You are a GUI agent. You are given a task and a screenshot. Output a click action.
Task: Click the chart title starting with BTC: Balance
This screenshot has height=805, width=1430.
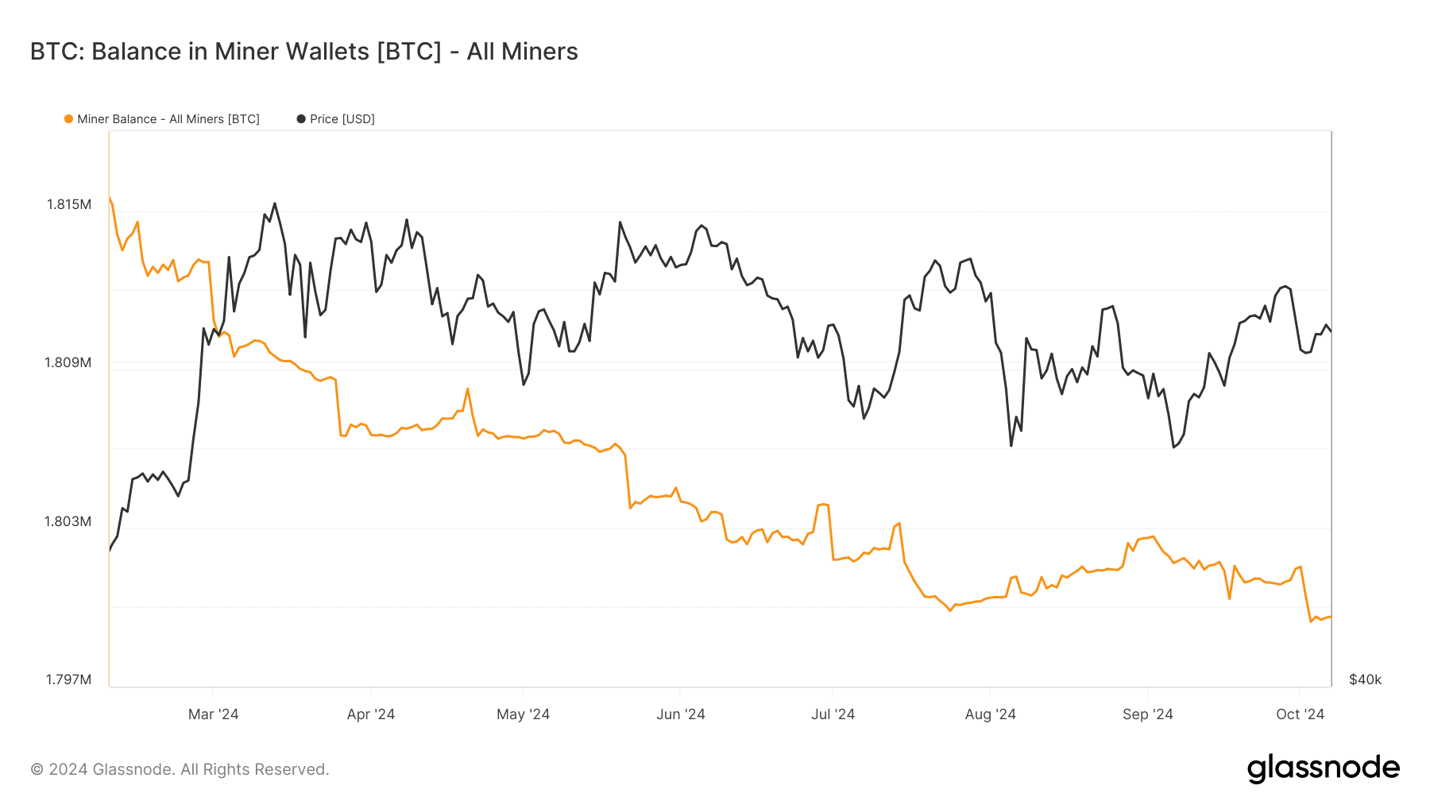click(303, 52)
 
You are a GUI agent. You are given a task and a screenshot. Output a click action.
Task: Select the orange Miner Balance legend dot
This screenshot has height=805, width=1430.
click(68, 119)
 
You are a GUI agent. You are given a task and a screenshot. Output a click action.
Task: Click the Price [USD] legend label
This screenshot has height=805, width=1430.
click(342, 119)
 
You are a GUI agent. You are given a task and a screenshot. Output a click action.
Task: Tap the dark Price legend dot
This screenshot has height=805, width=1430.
click(301, 119)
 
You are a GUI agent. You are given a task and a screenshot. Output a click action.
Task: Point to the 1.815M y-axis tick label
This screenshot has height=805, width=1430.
click(69, 204)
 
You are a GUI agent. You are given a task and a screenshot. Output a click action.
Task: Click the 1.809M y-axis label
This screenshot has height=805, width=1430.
click(68, 362)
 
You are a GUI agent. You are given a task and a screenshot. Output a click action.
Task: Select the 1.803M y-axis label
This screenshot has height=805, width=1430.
click(68, 521)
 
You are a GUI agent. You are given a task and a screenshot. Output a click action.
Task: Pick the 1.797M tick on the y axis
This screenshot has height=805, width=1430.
click(68, 679)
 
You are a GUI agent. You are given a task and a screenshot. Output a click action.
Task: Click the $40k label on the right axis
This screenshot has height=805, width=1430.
click(1365, 679)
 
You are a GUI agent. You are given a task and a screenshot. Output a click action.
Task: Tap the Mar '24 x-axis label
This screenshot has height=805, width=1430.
click(213, 714)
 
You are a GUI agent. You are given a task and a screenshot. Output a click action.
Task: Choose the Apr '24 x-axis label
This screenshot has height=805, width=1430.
click(371, 714)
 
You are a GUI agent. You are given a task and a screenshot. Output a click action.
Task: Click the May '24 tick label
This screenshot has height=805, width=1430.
click(523, 714)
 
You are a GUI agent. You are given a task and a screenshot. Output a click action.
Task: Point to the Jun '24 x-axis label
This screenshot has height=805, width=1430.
click(680, 714)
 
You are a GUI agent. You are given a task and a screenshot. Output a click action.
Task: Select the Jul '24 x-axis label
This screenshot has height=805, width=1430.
click(833, 714)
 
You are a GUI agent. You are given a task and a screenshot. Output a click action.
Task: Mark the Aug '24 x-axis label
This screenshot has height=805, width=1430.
click(990, 714)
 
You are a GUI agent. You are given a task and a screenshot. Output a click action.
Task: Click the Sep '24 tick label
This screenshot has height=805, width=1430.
click(1147, 714)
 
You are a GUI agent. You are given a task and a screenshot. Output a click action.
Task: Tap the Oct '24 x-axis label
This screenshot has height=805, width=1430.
click(1300, 714)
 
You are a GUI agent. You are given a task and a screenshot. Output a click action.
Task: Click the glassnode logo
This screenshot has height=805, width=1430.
click(1323, 768)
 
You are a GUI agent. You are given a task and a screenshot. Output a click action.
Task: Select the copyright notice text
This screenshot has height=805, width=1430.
click(180, 769)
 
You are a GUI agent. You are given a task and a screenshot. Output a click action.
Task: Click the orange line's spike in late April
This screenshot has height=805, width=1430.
click(468, 389)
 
